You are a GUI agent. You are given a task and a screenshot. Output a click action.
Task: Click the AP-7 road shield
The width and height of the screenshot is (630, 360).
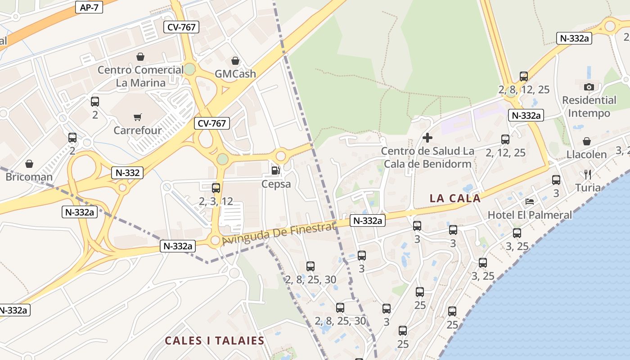coord(89,7)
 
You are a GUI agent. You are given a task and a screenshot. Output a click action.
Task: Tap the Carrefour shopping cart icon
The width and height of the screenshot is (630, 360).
coord(138,117)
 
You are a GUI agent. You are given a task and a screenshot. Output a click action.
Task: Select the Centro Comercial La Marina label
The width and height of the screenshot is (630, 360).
coord(141,76)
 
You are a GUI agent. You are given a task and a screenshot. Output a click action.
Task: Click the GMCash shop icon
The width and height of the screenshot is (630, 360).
coord(235,61)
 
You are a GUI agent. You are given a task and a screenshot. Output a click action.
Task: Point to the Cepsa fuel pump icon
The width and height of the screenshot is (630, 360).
coord(275,171)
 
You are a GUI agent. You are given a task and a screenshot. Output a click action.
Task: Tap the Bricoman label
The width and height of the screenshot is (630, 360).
coord(29,177)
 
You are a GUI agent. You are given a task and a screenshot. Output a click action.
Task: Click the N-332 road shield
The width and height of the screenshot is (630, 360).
coord(127,172)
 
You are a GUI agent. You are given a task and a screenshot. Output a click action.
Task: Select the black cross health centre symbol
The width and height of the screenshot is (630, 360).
coord(427,138)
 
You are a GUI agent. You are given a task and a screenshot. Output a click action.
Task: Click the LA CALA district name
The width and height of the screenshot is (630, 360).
coord(455,198)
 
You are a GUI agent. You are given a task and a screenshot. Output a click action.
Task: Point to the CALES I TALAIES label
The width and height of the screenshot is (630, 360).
coord(214,341)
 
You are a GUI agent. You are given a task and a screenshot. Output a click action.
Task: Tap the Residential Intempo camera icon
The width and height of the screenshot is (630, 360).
coord(589,87)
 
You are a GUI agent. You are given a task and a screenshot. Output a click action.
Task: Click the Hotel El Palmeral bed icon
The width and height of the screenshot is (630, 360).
coord(530,201)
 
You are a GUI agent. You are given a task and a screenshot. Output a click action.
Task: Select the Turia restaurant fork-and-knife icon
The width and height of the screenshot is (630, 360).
coord(587,174)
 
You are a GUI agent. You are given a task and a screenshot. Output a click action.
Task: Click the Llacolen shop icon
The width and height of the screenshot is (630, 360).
coord(586,141)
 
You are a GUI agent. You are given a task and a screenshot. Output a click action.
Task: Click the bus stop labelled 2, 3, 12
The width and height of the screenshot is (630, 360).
coord(216,188)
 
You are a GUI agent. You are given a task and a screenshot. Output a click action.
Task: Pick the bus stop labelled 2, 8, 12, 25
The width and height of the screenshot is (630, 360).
coord(523,76)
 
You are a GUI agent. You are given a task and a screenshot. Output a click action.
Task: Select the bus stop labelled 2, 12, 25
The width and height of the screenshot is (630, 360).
coord(505,139)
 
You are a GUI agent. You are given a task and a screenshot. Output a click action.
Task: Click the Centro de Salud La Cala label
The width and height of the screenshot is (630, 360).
coord(427,157)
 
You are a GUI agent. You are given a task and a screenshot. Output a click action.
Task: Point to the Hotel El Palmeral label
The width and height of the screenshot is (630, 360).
coord(530,215)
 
